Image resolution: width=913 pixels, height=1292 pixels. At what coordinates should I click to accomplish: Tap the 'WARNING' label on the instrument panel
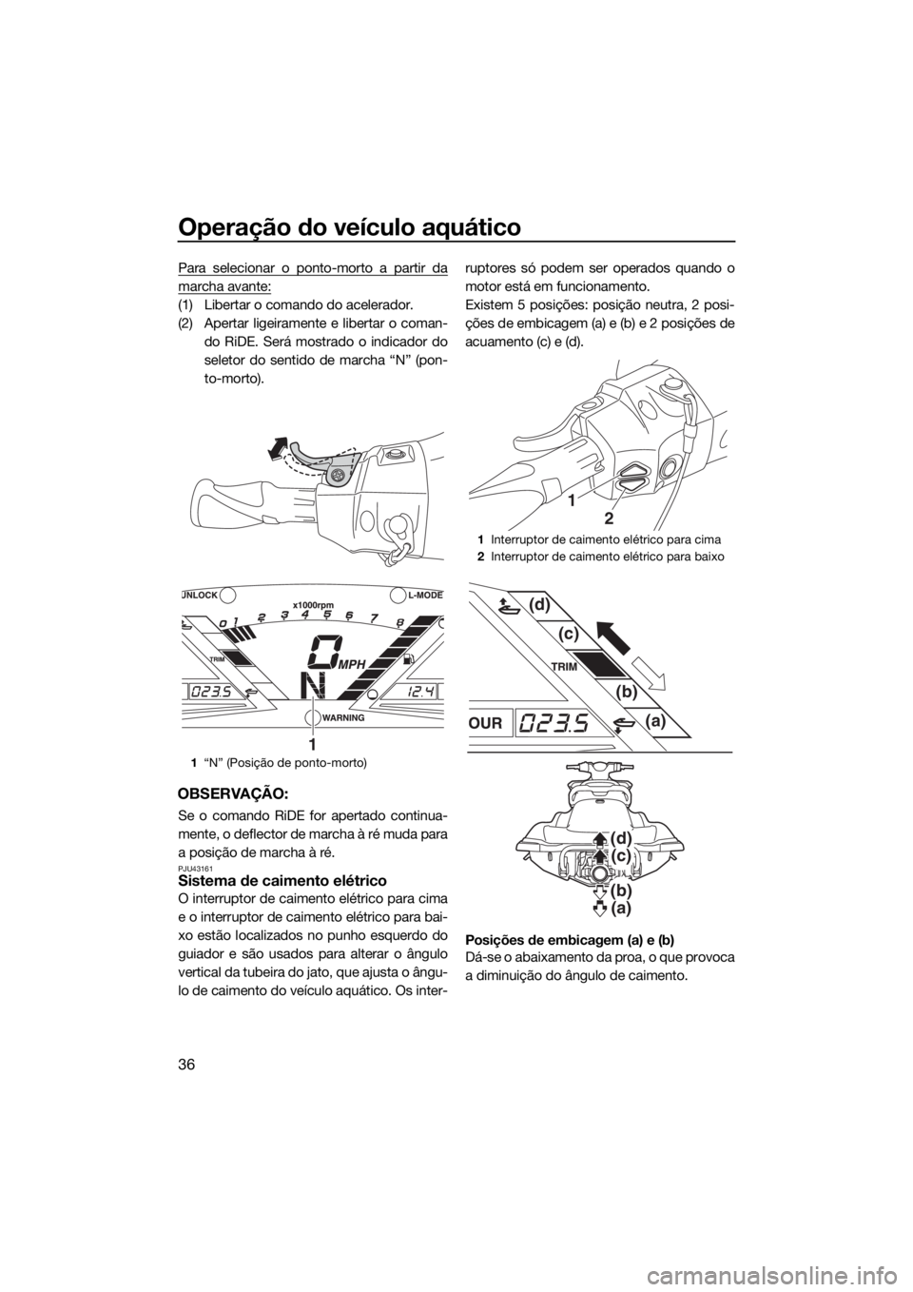pyautogui.click(x=343, y=718)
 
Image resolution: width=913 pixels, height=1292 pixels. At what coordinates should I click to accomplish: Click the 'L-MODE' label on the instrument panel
pyautogui.click(x=424, y=594)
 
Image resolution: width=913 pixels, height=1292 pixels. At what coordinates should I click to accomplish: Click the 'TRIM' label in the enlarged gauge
pyautogui.click(x=564, y=666)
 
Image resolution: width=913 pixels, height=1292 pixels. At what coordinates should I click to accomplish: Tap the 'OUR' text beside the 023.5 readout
pyautogui.click(x=486, y=722)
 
